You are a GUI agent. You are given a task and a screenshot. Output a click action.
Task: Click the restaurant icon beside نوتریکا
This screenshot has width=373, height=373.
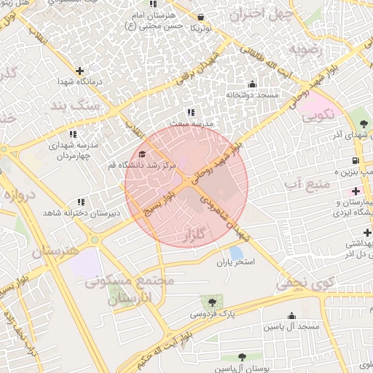(201, 16)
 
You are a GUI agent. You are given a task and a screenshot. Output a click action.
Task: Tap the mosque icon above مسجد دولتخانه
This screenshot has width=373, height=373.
(252, 84)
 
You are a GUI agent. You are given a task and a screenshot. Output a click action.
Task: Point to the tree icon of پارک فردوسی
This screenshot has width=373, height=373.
(213, 302)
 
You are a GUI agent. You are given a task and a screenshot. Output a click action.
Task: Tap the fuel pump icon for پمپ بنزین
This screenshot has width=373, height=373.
(355, 160)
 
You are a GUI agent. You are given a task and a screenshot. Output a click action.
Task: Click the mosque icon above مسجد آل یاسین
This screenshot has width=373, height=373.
(292, 316)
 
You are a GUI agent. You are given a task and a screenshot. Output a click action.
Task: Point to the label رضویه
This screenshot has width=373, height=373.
(305, 49)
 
